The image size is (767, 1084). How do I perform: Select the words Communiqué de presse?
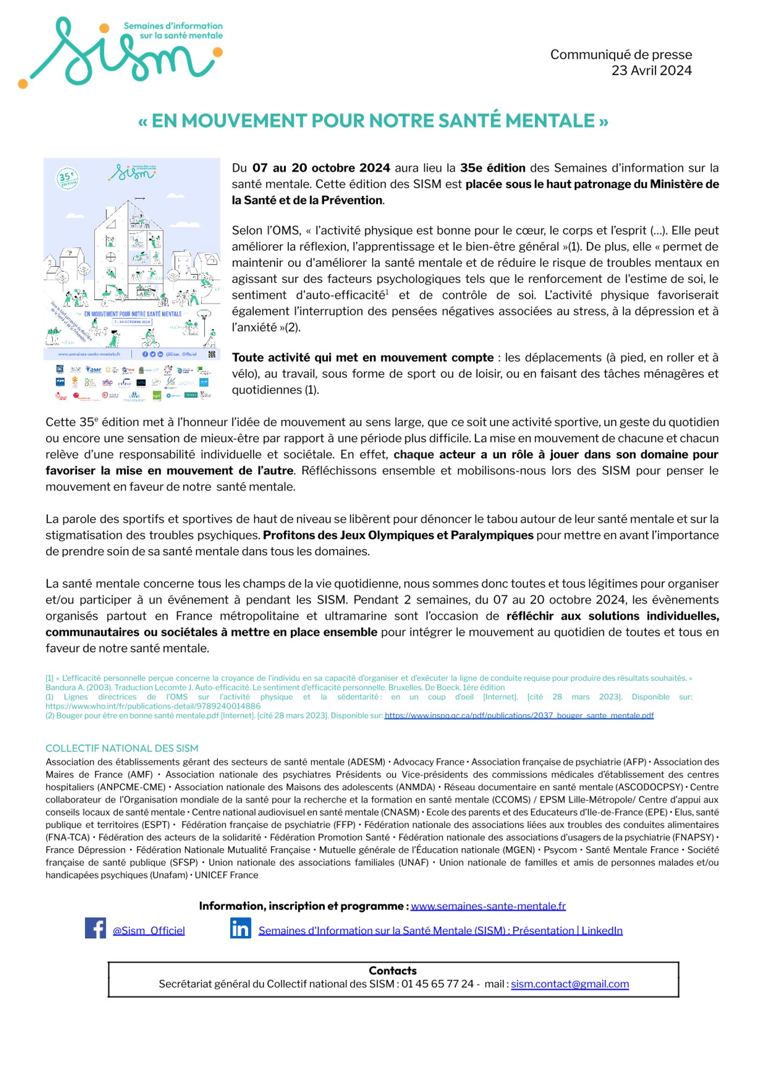[621, 55]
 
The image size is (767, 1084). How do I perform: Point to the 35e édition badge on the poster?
[67, 178]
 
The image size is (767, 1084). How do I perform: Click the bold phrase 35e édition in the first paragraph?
[492, 168]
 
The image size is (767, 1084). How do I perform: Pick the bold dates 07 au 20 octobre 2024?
[321, 168]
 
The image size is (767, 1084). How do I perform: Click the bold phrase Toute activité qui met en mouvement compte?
[362, 358]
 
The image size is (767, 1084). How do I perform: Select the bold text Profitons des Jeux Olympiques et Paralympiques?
[398, 535]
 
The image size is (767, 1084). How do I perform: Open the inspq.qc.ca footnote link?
[519, 715]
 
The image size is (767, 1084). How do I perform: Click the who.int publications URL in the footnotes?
[153, 706]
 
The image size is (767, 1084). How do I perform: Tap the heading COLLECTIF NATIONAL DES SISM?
[122, 749]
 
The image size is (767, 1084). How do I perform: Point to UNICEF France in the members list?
[227, 875]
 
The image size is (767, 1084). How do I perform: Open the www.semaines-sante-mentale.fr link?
[488, 906]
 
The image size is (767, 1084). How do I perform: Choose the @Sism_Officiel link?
[149, 931]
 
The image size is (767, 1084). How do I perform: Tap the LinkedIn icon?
[240, 928]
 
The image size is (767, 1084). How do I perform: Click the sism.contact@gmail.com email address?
[570, 984]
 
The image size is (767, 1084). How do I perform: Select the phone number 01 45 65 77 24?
[437, 984]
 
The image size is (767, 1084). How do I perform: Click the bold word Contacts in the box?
[392, 971]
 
